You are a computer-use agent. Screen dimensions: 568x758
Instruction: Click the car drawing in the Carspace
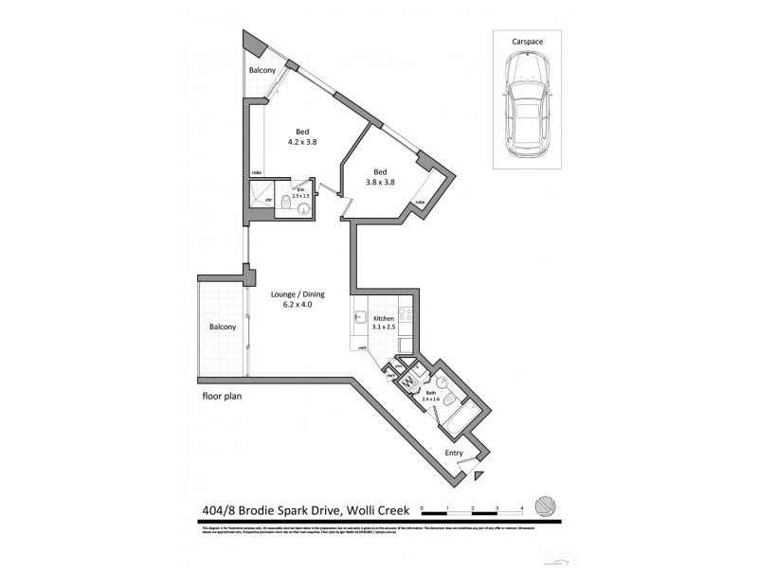[x=525, y=104]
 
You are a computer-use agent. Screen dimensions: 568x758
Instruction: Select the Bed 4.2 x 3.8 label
[x=302, y=136]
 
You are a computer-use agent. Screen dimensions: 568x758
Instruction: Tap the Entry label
[x=455, y=453]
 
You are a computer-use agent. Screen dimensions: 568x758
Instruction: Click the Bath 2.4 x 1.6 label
[x=432, y=395]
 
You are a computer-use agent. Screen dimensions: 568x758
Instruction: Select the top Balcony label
[x=262, y=71]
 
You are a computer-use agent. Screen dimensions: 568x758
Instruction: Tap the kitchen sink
[x=361, y=319]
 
